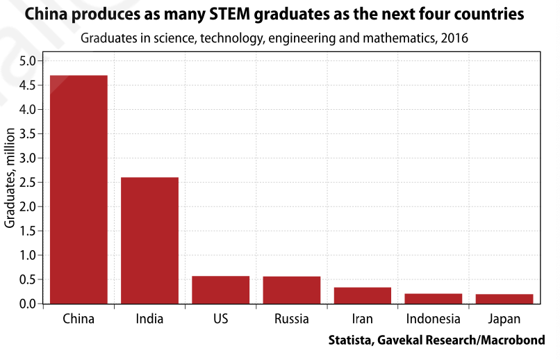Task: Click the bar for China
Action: (x=79, y=189)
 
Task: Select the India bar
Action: (x=149, y=240)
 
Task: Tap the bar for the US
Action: (x=220, y=290)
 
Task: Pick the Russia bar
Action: (x=292, y=290)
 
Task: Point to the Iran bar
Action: (x=363, y=295)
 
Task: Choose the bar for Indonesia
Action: (x=434, y=299)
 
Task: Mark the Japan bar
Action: (x=504, y=299)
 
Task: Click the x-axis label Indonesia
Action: (x=434, y=320)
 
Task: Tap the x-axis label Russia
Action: (x=292, y=320)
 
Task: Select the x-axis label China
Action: (x=79, y=320)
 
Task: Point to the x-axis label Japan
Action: (x=504, y=320)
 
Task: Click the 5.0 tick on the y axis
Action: (x=27, y=61)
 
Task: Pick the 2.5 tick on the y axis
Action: (x=27, y=183)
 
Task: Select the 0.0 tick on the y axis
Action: (x=27, y=304)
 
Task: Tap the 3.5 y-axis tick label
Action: (x=27, y=134)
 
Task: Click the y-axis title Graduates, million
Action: (x=10, y=183)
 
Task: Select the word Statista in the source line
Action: (x=352, y=341)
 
